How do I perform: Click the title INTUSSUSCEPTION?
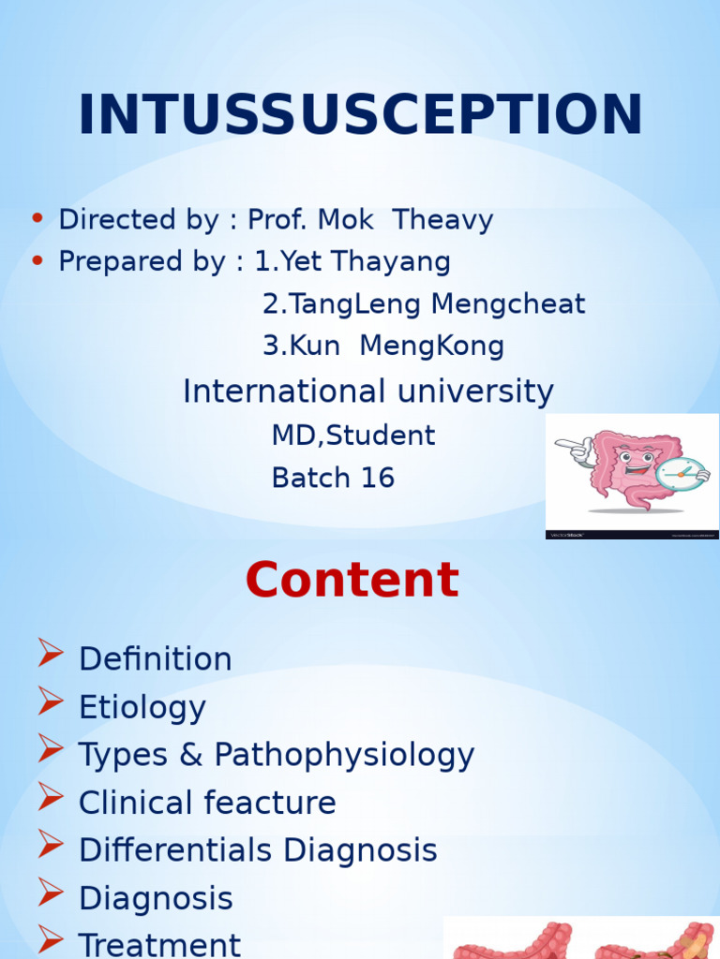click(x=360, y=115)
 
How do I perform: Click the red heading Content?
click(x=352, y=581)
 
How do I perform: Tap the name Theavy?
click(x=442, y=220)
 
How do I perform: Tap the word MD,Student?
click(x=353, y=435)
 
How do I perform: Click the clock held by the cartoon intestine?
click(x=681, y=473)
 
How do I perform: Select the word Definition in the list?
click(x=156, y=659)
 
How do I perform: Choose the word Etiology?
click(x=142, y=707)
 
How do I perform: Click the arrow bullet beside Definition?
click(x=51, y=655)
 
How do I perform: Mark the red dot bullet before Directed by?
click(x=37, y=219)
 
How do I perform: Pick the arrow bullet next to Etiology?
click(x=51, y=702)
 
